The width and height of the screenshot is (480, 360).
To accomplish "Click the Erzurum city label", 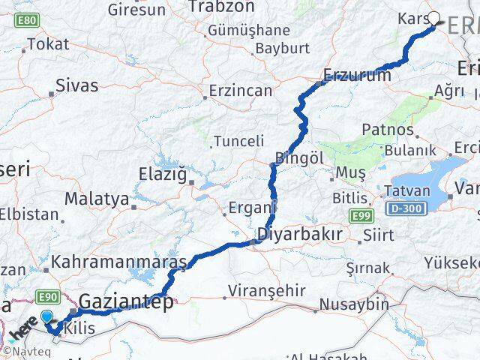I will click(x=358, y=75).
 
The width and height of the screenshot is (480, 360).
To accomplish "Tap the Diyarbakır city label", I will click(x=300, y=234).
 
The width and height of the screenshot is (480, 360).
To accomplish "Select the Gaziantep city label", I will click(x=126, y=303).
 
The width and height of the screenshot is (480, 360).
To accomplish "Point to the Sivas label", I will click(x=77, y=85).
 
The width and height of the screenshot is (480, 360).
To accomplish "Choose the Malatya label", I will click(x=96, y=199).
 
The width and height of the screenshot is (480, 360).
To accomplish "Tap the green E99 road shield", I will click(x=361, y=216).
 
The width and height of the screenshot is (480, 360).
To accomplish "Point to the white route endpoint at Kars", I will click(x=433, y=18).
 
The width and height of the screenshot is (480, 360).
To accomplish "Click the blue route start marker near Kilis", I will click(x=48, y=317).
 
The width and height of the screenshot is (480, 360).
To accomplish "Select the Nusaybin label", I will click(x=354, y=304).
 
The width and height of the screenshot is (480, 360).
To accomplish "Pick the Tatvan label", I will click(x=406, y=190).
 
